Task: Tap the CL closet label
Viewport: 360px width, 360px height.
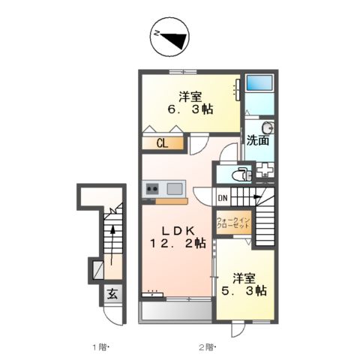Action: pos(161,144)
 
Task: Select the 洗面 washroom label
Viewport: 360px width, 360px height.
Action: pos(259,140)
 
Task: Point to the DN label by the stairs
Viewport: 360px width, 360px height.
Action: pos(223,198)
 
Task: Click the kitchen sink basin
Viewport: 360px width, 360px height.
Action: pos(175,188)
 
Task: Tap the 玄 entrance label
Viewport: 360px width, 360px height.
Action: pos(111,295)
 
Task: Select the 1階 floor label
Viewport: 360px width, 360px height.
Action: pos(100,346)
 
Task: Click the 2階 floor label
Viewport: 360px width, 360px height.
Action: pos(207,346)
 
